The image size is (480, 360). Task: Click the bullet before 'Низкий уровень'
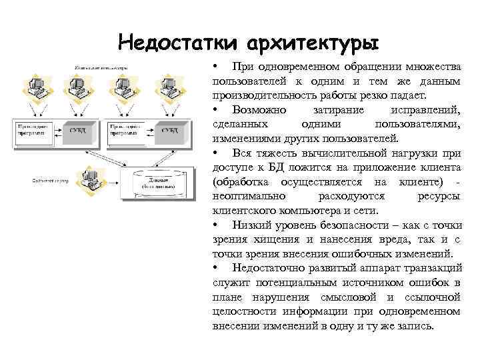click(215, 225)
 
